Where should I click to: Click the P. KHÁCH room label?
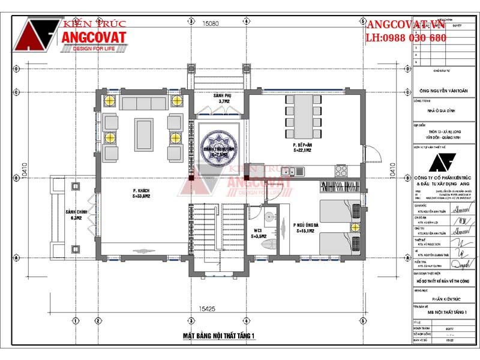142,193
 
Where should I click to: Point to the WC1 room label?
257,232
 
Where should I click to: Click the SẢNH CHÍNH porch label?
76,216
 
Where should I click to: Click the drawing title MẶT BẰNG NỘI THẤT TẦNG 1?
220,335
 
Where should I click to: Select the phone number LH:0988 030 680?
406,38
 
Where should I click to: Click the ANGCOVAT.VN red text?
406,25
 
